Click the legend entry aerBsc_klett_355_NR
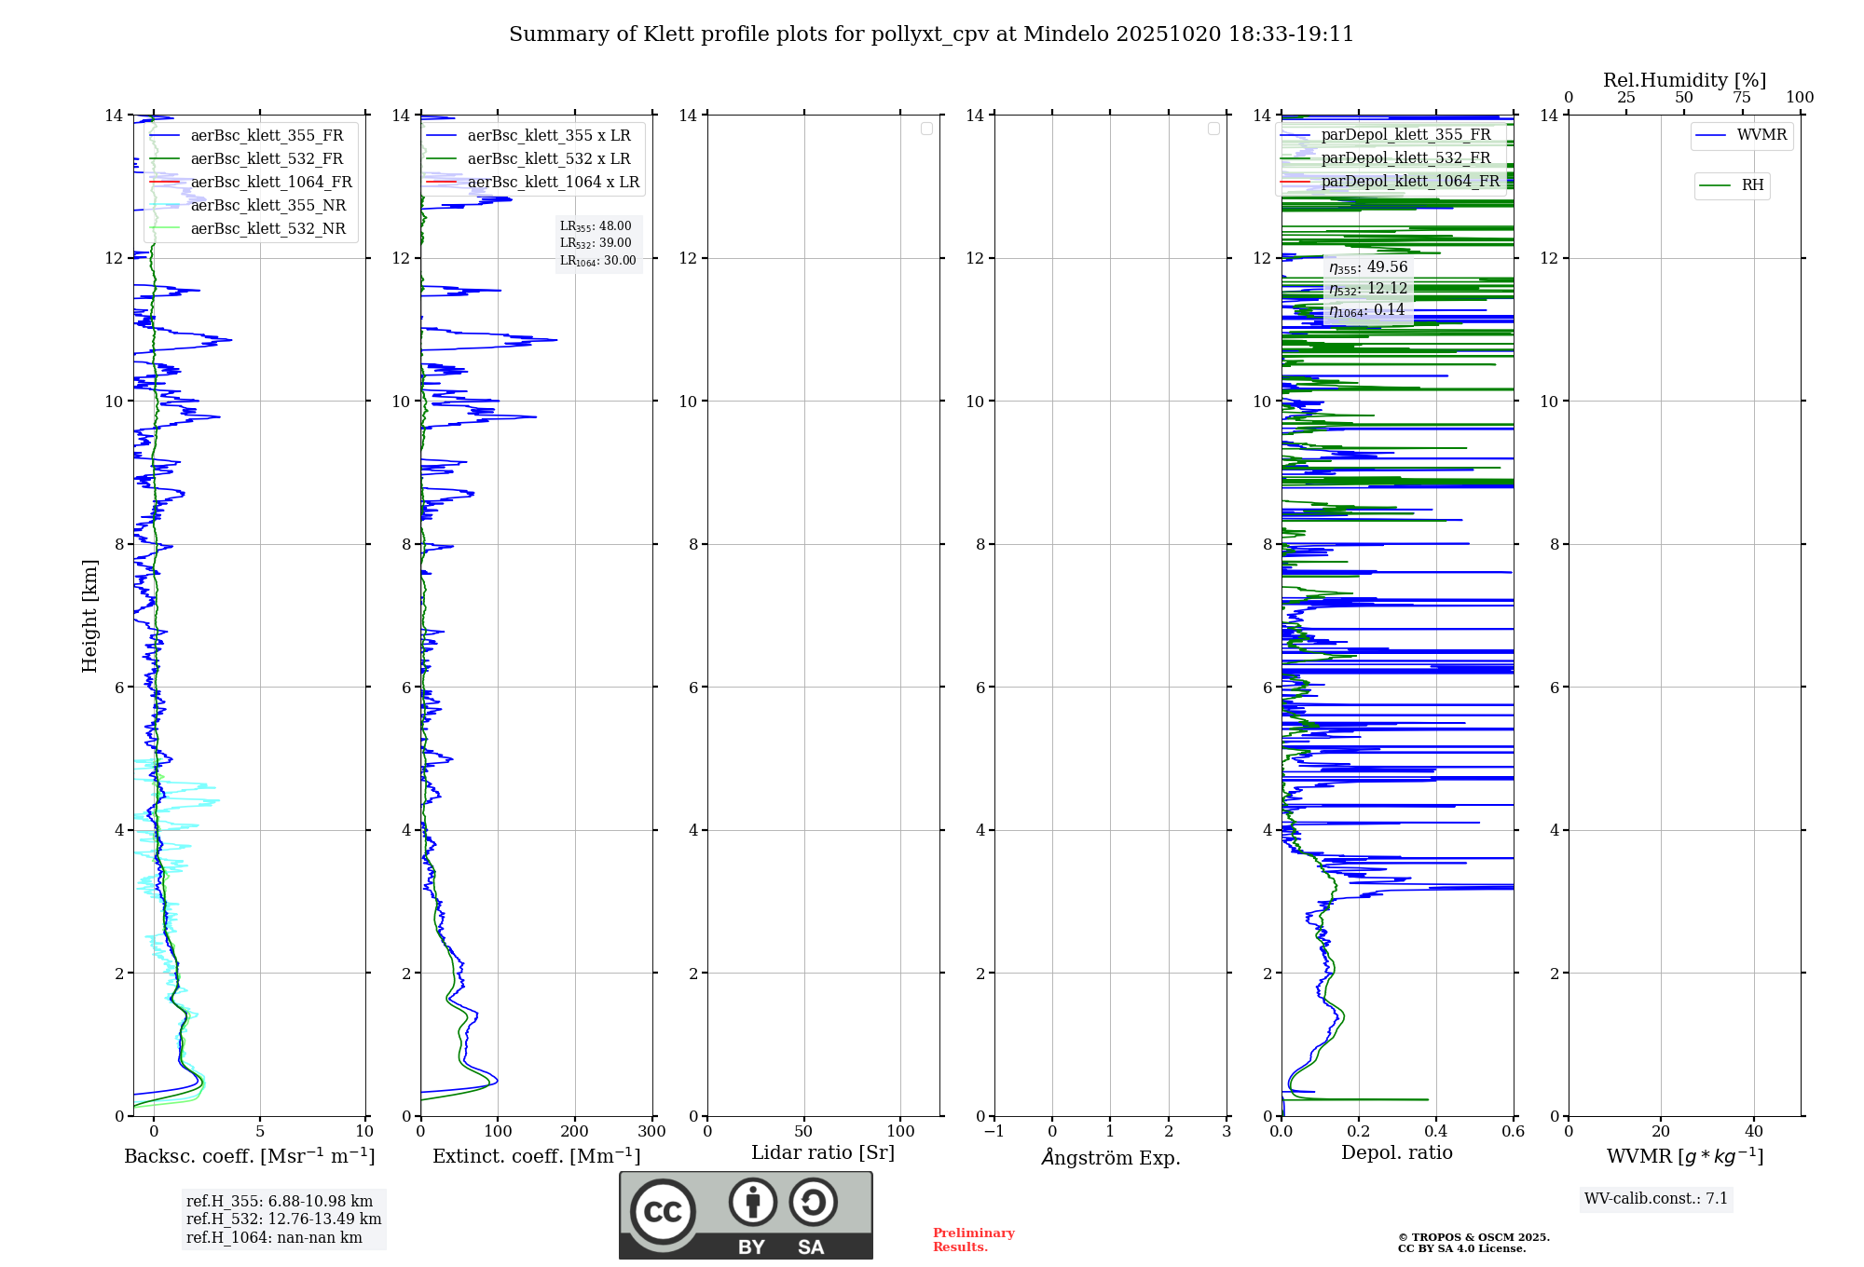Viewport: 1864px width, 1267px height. pyautogui.click(x=267, y=205)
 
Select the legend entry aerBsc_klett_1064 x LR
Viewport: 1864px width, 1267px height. pyautogui.click(x=553, y=182)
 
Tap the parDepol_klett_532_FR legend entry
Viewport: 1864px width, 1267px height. pyautogui.click(x=1405, y=157)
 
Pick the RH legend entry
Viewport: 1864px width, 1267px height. pyautogui.click(x=1752, y=185)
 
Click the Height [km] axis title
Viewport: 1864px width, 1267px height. pyautogui.click(x=89, y=615)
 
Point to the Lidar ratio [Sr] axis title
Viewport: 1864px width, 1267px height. pyautogui.click(x=823, y=1152)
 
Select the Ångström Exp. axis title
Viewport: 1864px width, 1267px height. pyautogui.click(x=1110, y=1157)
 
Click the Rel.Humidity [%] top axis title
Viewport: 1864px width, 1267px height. pyautogui.click(x=1684, y=80)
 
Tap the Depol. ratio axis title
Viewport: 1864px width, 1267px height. pyautogui.click(x=1396, y=1152)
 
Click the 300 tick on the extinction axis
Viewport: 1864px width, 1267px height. pyautogui.click(x=652, y=1131)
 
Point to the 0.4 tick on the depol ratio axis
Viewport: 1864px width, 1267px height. pyautogui.click(x=1436, y=1131)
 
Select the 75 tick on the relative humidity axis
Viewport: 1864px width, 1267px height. pyautogui.click(x=1742, y=97)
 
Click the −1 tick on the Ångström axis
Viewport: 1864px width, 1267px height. pyautogui.click(x=994, y=1131)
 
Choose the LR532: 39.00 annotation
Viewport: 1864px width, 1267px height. pyautogui.click(x=596, y=243)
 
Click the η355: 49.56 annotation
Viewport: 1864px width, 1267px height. pyautogui.click(x=1368, y=267)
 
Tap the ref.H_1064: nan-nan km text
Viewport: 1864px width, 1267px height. pyautogui.click(x=274, y=1237)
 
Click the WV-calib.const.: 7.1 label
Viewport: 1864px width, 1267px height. pyautogui.click(x=1656, y=1198)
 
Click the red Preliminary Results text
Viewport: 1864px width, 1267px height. pyautogui.click(x=973, y=1239)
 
